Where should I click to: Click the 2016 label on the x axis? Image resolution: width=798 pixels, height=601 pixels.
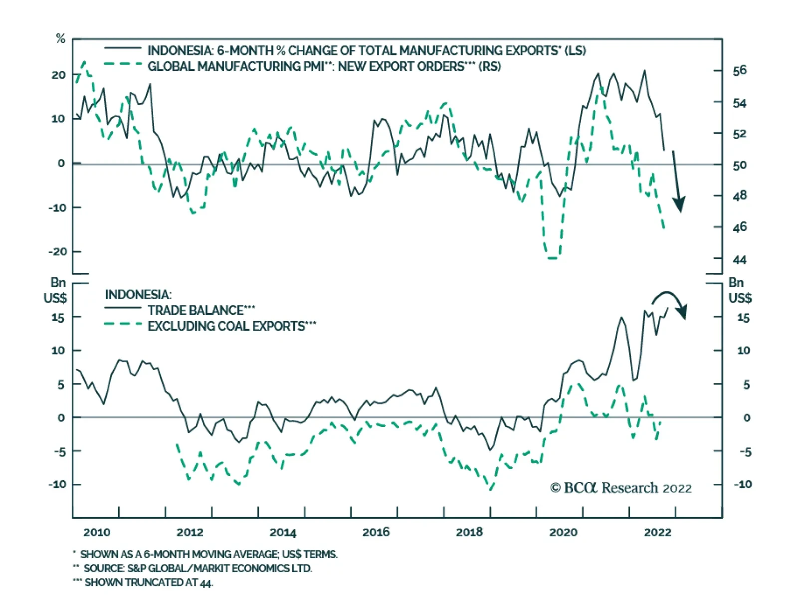(x=376, y=532)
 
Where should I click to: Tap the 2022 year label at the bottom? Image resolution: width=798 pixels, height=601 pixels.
(x=657, y=532)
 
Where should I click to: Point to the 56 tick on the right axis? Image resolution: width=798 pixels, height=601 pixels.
(x=740, y=71)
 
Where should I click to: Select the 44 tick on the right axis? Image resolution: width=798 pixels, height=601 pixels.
(x=740, y=259)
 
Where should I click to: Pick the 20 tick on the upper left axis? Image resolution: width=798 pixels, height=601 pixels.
(x=58, y=75)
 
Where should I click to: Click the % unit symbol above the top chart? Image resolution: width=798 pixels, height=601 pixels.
(x=60, y=38)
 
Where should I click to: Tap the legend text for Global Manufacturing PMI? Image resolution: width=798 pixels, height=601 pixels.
(x=324, y=66)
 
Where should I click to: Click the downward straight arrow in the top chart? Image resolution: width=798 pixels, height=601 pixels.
(x=677, y=182)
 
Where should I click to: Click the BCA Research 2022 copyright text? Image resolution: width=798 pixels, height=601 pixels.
(x=621, y=488)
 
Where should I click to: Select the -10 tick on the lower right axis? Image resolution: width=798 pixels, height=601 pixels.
(x=743, y=484)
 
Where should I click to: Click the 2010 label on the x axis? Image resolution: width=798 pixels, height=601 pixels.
(x=97, y=532)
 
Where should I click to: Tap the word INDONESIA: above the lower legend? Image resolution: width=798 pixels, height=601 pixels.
(x=138, y=295)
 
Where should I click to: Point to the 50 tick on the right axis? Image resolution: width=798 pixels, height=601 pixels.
(x=740, y=165)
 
